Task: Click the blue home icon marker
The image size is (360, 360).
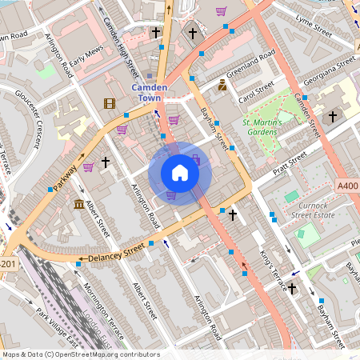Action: (180, 173)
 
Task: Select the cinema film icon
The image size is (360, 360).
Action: (109, 102)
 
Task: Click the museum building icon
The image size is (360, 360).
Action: (79, 206)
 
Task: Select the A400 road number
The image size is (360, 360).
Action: (347, 186)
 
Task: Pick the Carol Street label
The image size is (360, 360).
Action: (257, 92)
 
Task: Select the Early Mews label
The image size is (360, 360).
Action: (86, 63)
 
